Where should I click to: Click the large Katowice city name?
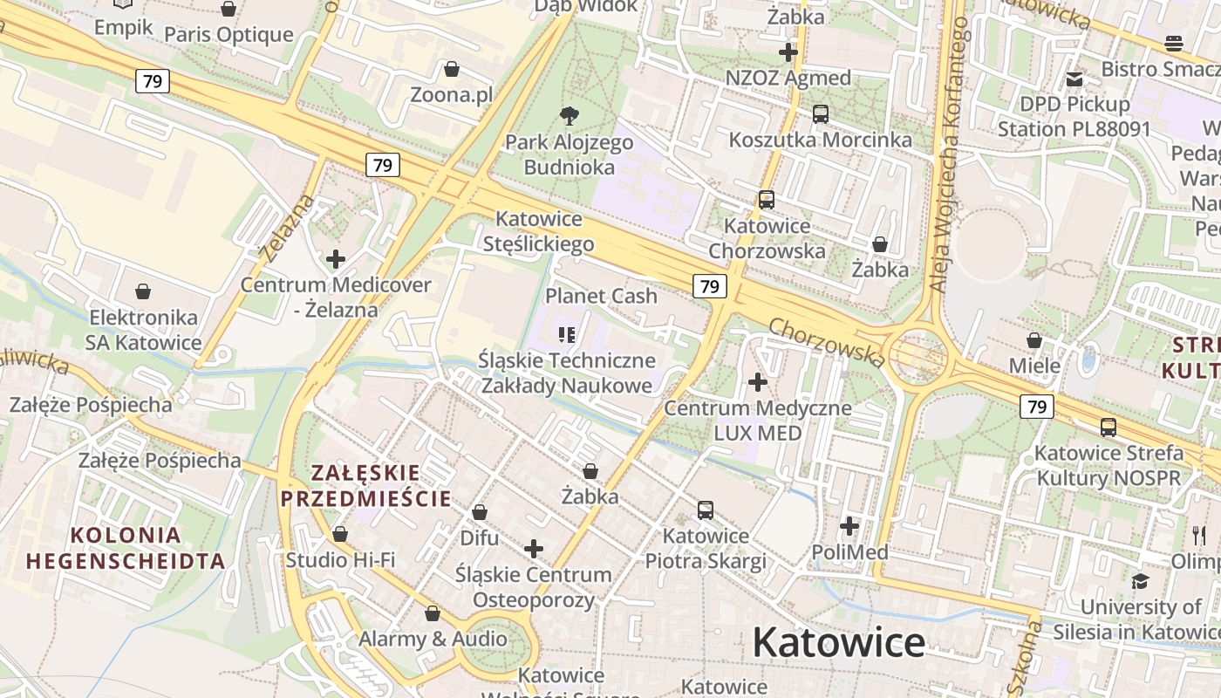[x=838, y=643]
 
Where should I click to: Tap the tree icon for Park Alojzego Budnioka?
[x=570, y=115]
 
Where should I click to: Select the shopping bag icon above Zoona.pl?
[x=452, y=69]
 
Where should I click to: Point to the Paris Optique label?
[x=229, y=35]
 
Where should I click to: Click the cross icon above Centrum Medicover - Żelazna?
[x=336, y=259]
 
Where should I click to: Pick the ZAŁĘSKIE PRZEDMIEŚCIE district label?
[x=365, y=486]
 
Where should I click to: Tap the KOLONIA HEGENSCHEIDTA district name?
[x=126, y=548]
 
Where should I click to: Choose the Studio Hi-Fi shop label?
[x=340, y=559]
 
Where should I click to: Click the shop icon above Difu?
[x=479, y=512]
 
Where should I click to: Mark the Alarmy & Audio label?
[x=433, y=639]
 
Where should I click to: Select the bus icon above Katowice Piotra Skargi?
[x=706, y=510]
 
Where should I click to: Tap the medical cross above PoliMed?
[x=849, y=526]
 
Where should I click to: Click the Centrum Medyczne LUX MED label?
[x=758, y=420]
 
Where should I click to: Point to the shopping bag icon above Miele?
[x=1034, y=340]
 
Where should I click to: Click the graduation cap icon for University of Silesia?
[x=1140, y=581]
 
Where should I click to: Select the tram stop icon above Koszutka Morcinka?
[x=820, y=113]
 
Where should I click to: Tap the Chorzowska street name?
[x=827, y=341]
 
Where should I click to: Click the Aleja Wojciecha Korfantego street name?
[x=948, y=154]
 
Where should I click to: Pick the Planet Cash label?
[x=601, y=296]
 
